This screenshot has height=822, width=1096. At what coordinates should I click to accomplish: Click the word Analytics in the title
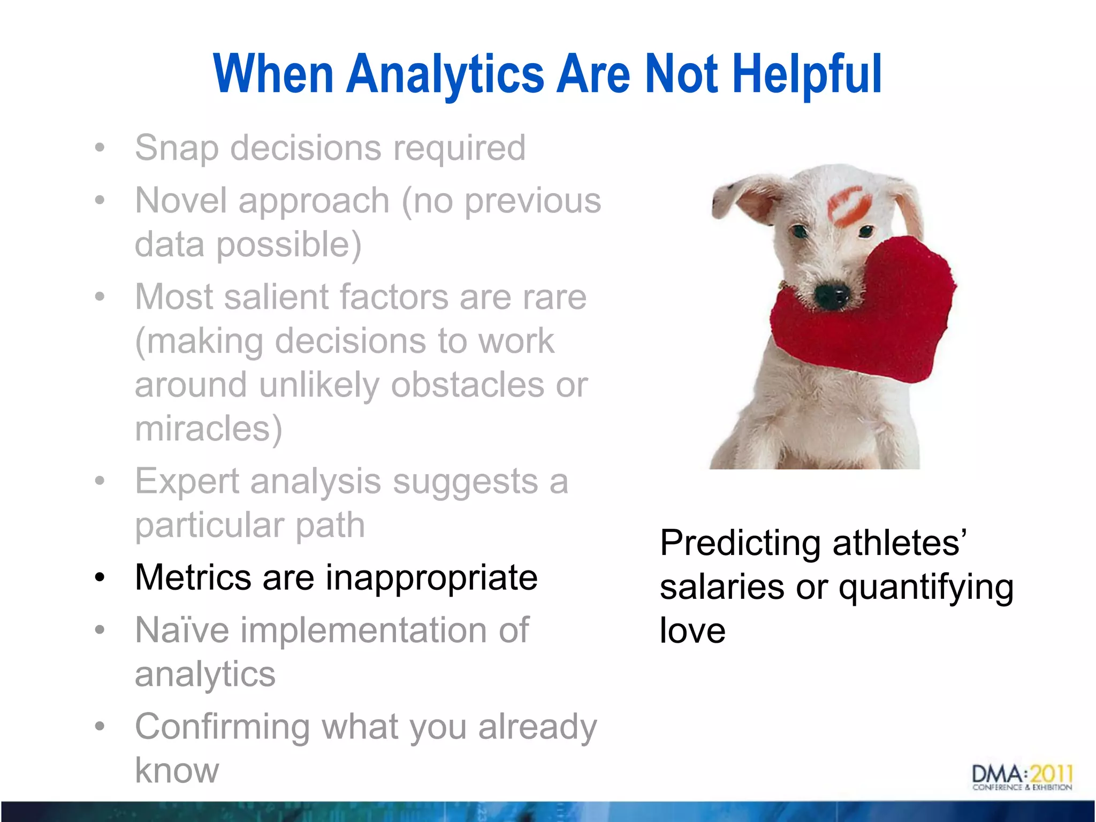[445, 75]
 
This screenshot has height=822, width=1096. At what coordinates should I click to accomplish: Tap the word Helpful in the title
[806, 75]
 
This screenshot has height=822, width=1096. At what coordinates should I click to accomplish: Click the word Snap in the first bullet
[177, 148]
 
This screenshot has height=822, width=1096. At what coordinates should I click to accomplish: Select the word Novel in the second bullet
[181, 201]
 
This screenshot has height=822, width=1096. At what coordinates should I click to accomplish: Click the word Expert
[187, 482]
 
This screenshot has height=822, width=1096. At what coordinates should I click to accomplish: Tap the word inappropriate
[431, 578]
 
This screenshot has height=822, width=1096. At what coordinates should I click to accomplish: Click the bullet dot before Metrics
[100, 579]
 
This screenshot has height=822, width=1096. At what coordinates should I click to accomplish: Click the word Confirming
[222, 727]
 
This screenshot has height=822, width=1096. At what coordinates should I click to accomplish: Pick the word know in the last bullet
[177, 771]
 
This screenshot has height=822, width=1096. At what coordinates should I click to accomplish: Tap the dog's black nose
[831, 295]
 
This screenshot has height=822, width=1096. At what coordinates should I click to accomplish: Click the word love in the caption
[692, 630]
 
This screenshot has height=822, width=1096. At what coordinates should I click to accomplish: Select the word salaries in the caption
[722, 587]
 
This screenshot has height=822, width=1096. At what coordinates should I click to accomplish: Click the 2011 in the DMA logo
[1052, 774]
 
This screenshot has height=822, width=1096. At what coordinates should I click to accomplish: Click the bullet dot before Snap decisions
[100, 148]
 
